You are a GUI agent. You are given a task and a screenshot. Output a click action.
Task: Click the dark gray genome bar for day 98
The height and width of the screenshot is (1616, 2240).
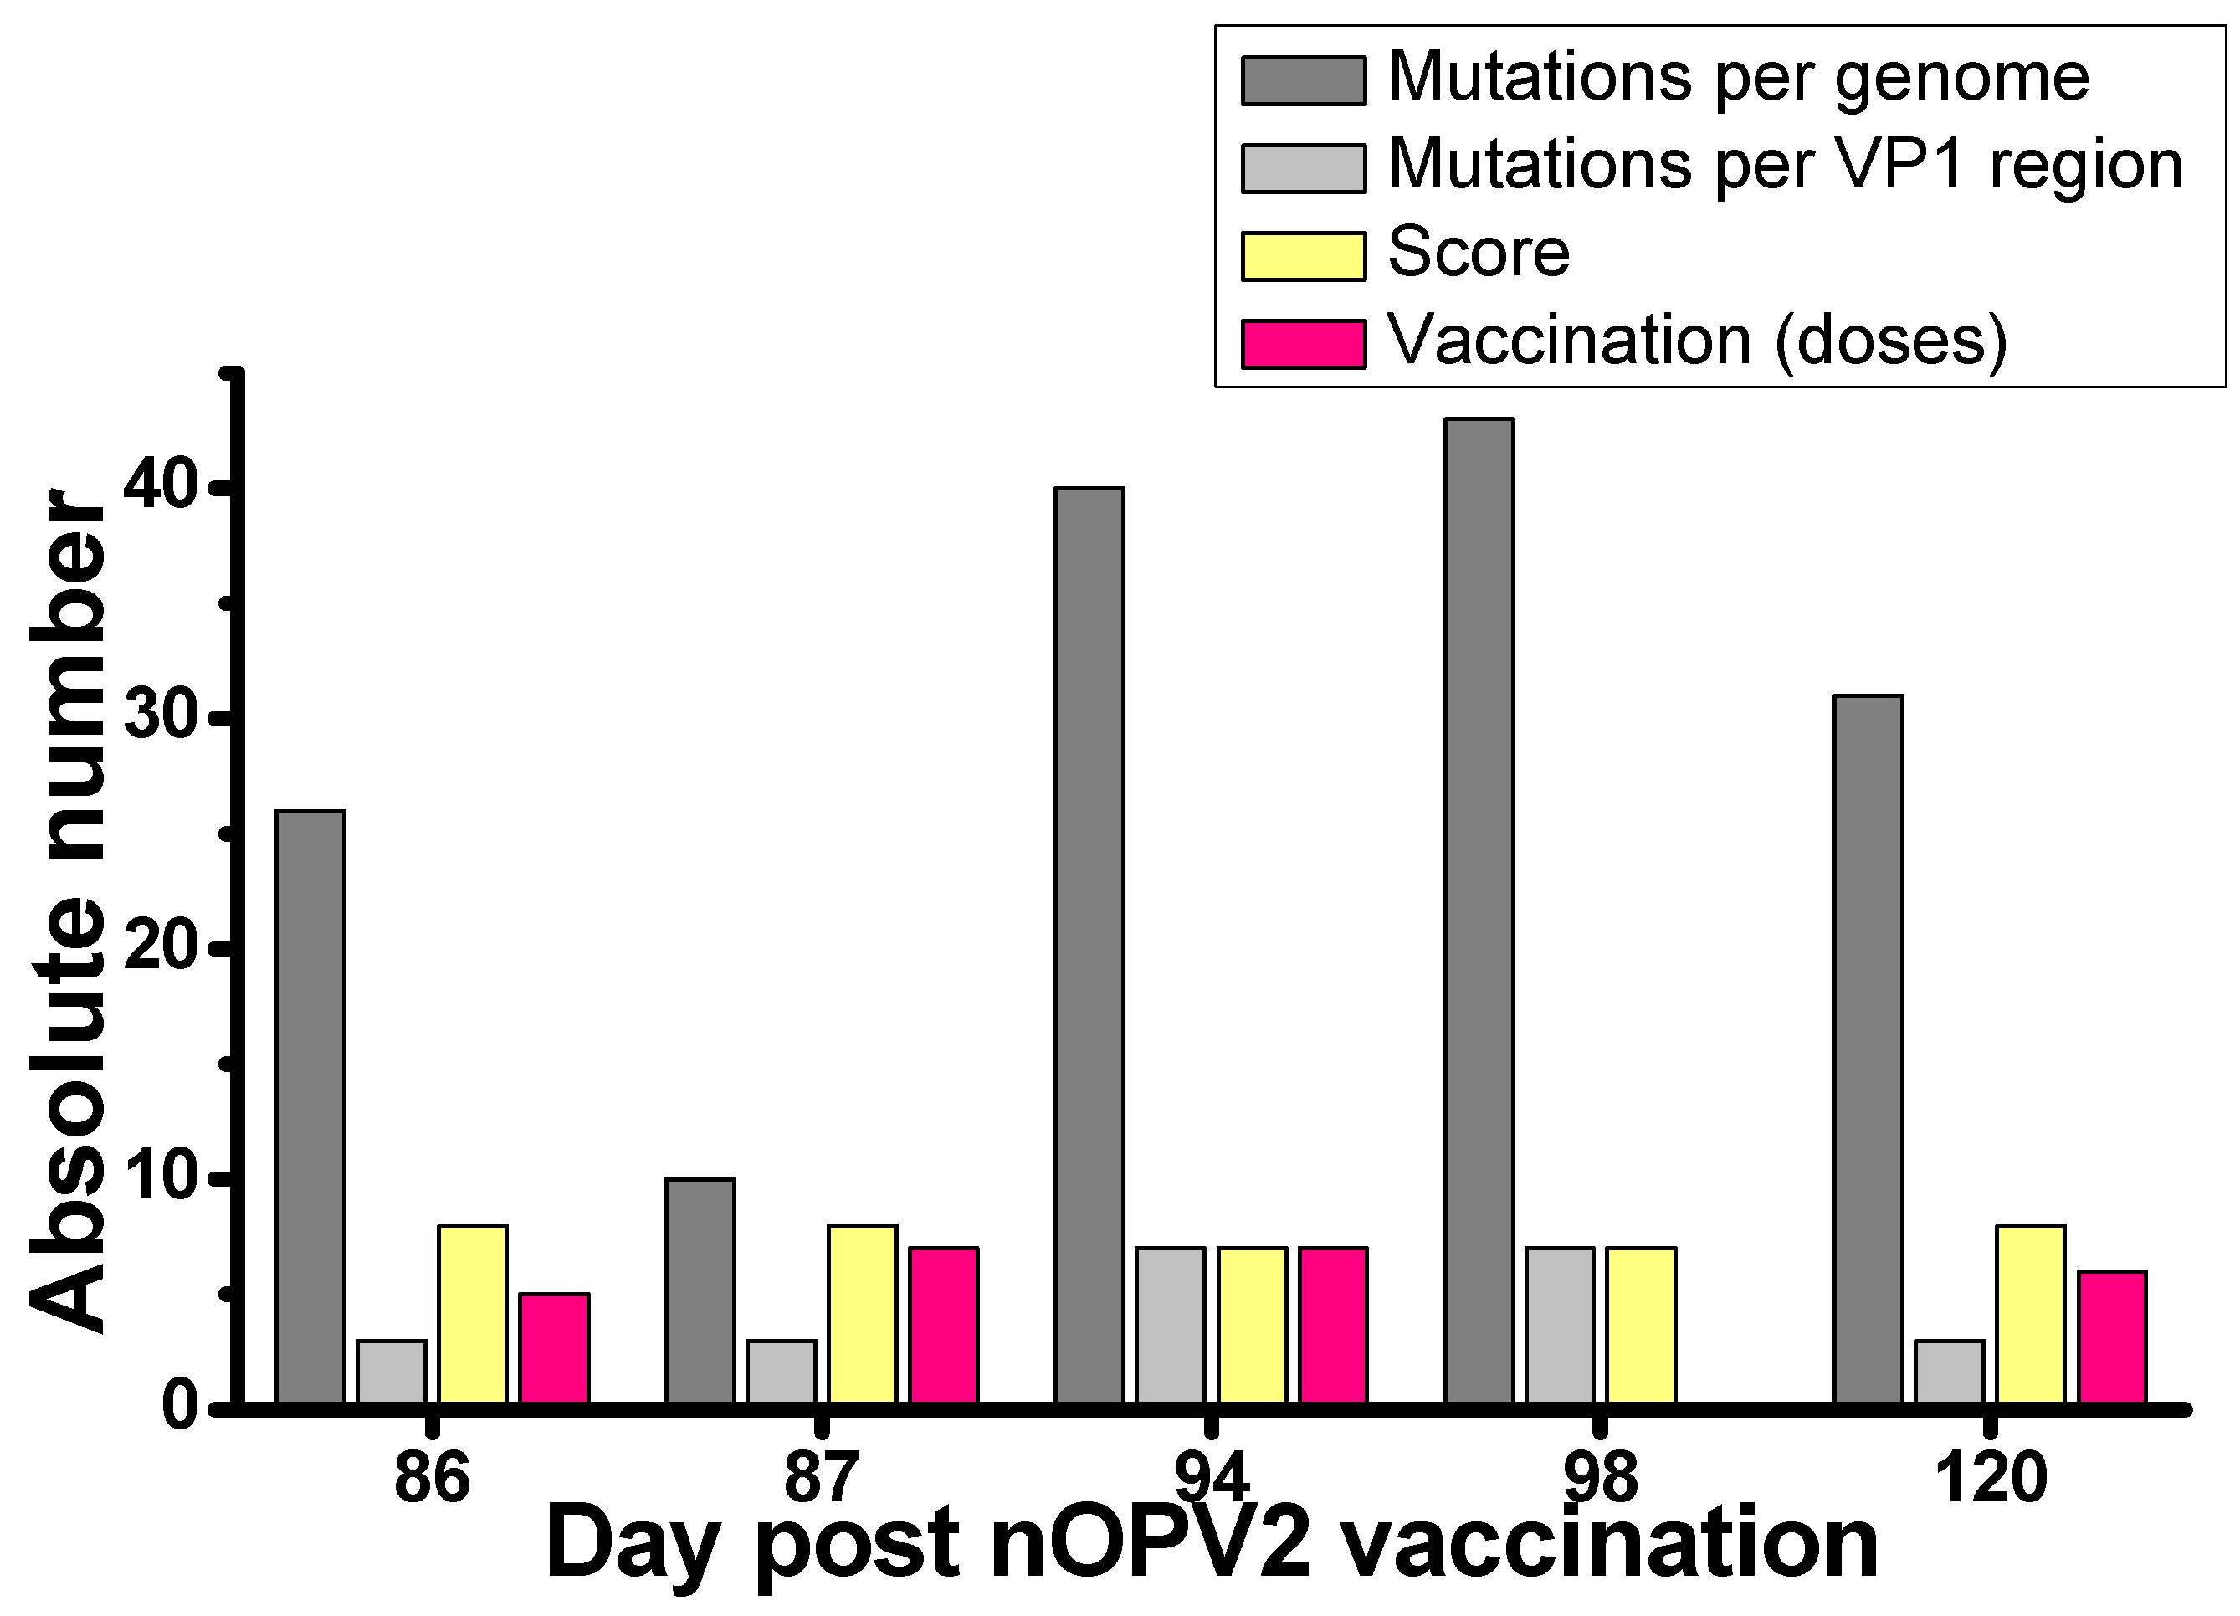click(x=1479, y=910)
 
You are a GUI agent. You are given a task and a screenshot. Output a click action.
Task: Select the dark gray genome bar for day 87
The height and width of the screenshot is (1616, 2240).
click(x=700, y=1290)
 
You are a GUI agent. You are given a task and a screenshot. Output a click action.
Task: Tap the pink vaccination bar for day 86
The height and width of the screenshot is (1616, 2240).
click(x=554, y=1347)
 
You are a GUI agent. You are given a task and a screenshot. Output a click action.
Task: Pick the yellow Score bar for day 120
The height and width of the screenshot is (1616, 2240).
click(x=2031, y=1314)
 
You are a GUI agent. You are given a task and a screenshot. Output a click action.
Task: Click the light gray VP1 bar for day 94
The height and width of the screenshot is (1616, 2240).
click(x=1171, y=1325)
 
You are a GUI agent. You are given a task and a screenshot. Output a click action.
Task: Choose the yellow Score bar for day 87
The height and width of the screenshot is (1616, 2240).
click(x=862, y=1314)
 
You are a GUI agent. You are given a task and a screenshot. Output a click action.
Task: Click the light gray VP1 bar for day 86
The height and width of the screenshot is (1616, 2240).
click(x=391, y=1371)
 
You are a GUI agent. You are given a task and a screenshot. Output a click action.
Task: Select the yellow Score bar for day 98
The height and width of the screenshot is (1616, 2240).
click(x=1641, y=1325)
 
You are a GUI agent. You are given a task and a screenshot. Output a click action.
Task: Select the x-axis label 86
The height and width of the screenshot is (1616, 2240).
click(x=432, y=1479)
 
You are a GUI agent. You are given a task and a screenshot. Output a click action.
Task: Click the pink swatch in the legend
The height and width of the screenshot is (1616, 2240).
click(x=1303, y=344)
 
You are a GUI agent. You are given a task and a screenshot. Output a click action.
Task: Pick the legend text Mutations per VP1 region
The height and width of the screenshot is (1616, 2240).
click(x=1785, y=165)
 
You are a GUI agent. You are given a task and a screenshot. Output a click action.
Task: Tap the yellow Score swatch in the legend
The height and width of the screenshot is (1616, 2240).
click(x=1303, y=256)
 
